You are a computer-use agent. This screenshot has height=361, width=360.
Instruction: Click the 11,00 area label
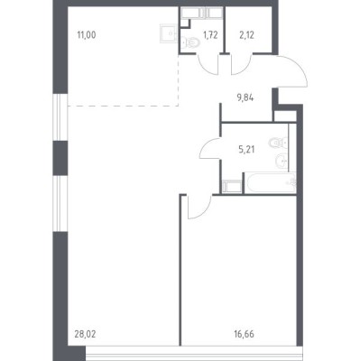[87, 35]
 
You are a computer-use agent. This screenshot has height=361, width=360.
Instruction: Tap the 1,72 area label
[210, 35]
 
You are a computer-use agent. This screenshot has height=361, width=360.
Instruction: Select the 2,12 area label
[246, 35]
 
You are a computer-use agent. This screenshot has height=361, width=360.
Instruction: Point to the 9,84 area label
[245, 97]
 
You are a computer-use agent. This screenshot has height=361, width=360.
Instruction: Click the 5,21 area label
[246, 150]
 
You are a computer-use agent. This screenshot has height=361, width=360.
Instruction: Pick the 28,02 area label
[85, 334]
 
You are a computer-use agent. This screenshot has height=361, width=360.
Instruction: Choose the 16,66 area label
[244, 334]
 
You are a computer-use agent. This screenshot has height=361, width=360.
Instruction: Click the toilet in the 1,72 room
[190, 42]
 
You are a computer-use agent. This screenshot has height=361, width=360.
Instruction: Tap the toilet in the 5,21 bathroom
[279, 143]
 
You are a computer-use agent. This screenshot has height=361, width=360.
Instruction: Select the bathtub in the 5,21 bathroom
[270, 182]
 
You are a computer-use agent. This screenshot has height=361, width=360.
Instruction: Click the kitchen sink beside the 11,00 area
[168, 33]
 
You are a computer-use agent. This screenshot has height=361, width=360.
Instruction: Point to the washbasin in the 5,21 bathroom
[282, 160]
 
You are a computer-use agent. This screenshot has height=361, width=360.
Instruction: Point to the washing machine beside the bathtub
[232, 187]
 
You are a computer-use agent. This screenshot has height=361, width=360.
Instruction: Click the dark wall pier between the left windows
[60, 158]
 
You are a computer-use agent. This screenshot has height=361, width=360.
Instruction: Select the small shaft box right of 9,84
[285, 116]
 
